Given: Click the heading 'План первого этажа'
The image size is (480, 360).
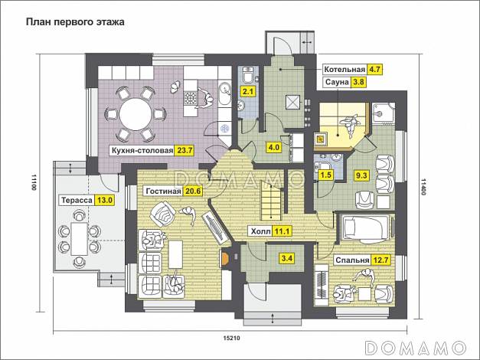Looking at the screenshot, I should pyautogui.click(x=75, y=22).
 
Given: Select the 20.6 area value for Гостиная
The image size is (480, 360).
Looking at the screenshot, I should pyautogui.click(x=193, y=191).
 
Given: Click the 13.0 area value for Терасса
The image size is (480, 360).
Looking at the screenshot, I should pyautogui.click(x=104, y=200).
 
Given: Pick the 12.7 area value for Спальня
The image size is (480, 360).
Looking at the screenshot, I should pyautogui.click(x=381, y=260).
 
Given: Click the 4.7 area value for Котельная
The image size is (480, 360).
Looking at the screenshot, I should pyautogui.click(x=375, y=69).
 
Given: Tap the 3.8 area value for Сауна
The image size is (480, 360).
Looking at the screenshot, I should pyautogui.click(x=359, y=83).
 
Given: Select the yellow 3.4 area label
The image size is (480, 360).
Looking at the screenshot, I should pyautogui.click(x=286, y=259).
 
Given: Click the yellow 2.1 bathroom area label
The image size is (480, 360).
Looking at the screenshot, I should pyautogui.click(x=247, y=92).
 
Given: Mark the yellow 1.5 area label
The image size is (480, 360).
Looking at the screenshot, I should pyautogui.click(x=325, y=175).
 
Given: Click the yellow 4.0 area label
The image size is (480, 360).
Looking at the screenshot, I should pyautogui.click(x=273, y=147).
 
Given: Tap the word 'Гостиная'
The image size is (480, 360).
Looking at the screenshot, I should pyautogui.click(x=162, y=191).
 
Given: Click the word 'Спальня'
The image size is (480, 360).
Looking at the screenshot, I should pyautogui.click(x=352, y=260).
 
